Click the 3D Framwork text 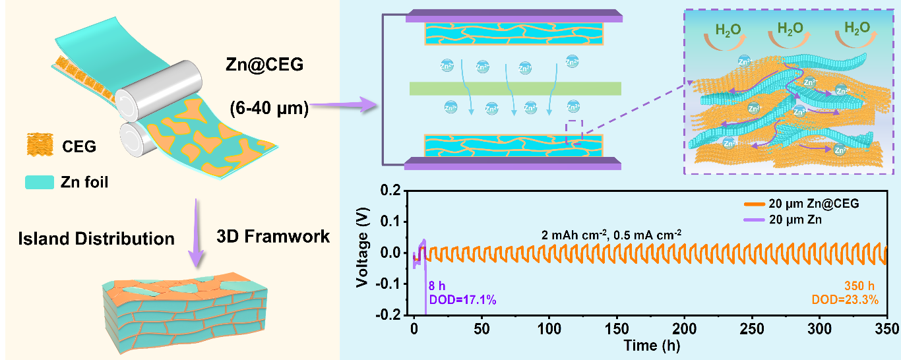(272, 236)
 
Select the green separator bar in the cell (514, 88)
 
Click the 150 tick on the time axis (616, 328)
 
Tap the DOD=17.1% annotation (462, 300)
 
